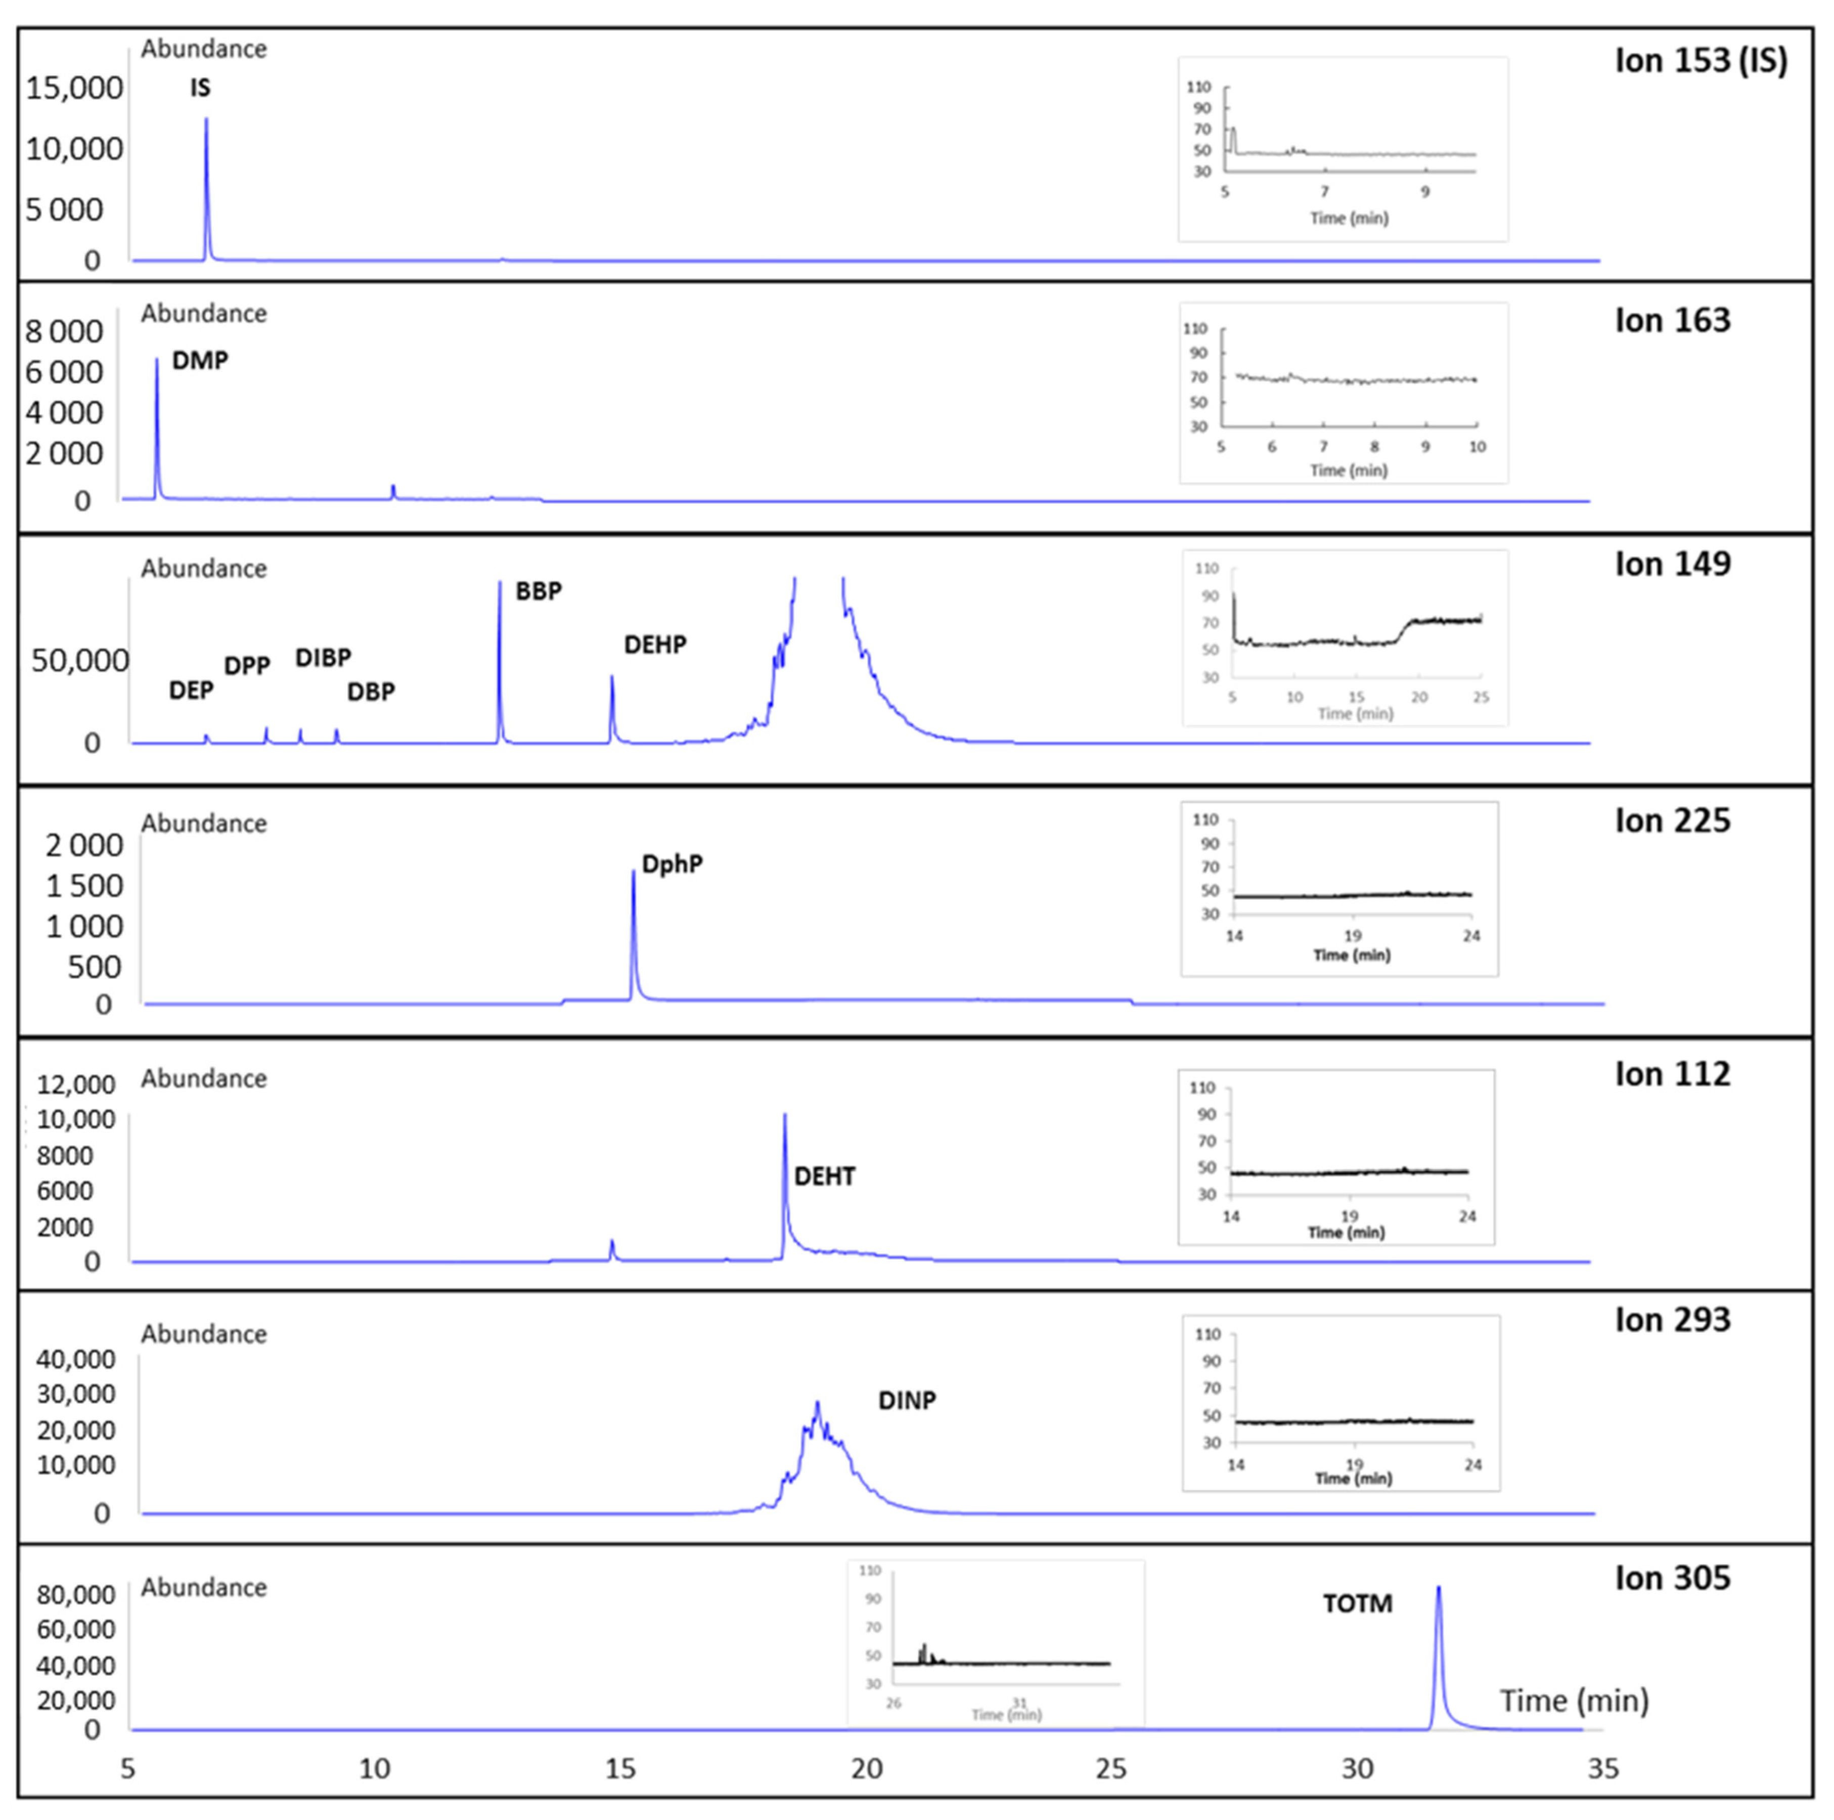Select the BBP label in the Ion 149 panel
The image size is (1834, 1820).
[x=538, y=591]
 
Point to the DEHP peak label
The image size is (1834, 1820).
[x=655, y=644]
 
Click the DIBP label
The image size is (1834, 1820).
[x=323, y=658]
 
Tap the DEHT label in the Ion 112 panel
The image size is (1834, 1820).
[x=824, y=1177]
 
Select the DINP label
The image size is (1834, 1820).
[x=907, y=1401]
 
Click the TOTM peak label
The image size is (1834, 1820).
[x=1358, y=1605]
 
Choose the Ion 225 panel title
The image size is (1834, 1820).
[x=1673, y=821]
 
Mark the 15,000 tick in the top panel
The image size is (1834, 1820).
[x=74, y=89]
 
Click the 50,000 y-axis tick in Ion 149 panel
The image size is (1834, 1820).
[x=80, y=661]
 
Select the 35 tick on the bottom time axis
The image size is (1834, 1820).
[x=1602, y=1769]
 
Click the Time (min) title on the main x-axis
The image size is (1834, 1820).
[x=1574, y=1701]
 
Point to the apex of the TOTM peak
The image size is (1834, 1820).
[x=1438, y=1587]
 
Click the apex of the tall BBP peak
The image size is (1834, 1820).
[x=499, y=582]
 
